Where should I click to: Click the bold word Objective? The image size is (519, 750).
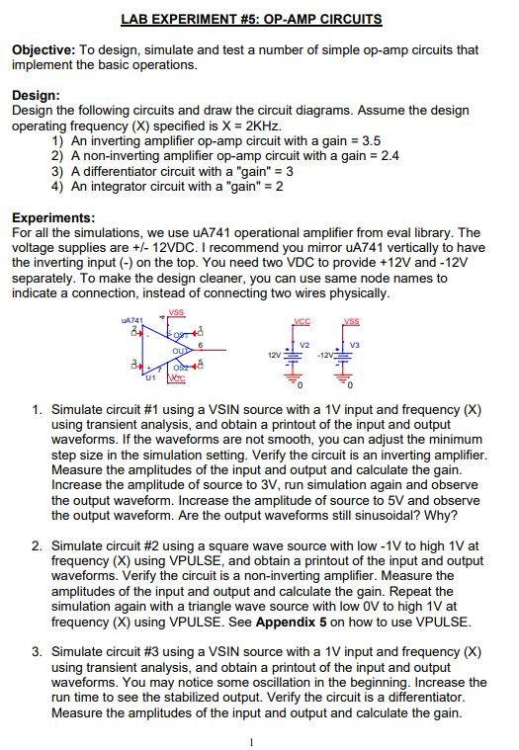point(43,49)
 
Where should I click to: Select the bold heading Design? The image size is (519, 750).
point(36,95)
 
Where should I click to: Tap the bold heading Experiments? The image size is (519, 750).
point(53,217)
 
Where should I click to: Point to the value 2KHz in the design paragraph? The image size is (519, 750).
point(261,127)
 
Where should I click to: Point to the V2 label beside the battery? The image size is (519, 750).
point(305,342)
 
